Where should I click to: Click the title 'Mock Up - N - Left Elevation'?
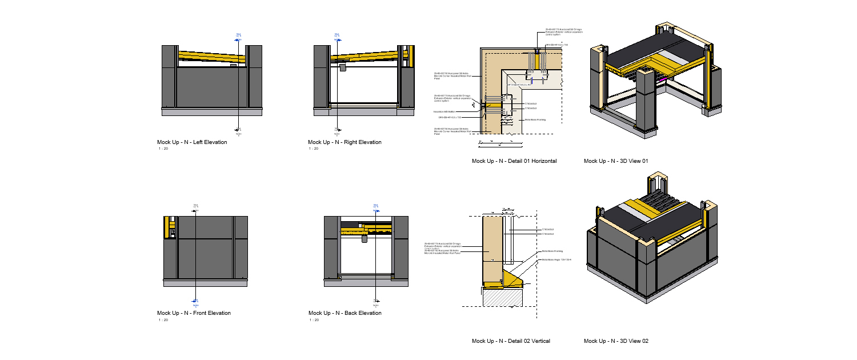(x=192, y=142)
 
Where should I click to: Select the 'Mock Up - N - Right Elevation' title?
(x=345, y=142)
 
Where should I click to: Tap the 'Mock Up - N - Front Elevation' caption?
(x=194, y=313)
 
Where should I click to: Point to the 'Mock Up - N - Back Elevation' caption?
(x=345, y=313)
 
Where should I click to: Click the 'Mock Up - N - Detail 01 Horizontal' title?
(x=514, y=161)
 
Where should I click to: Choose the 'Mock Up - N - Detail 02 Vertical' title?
(x=511, y=341)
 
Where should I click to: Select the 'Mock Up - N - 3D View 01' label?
(x=616, y=161)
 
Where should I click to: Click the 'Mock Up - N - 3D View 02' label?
(x=616, y=341)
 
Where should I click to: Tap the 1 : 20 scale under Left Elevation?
(x=163, y=149)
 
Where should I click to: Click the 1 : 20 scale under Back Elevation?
(x=314, y=319)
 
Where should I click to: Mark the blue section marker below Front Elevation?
(x=195, y=301)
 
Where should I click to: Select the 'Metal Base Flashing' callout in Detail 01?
(x=535, y=120)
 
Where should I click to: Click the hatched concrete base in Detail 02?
(x=503, y=297)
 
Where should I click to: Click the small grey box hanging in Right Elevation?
(x=342, y=67)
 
